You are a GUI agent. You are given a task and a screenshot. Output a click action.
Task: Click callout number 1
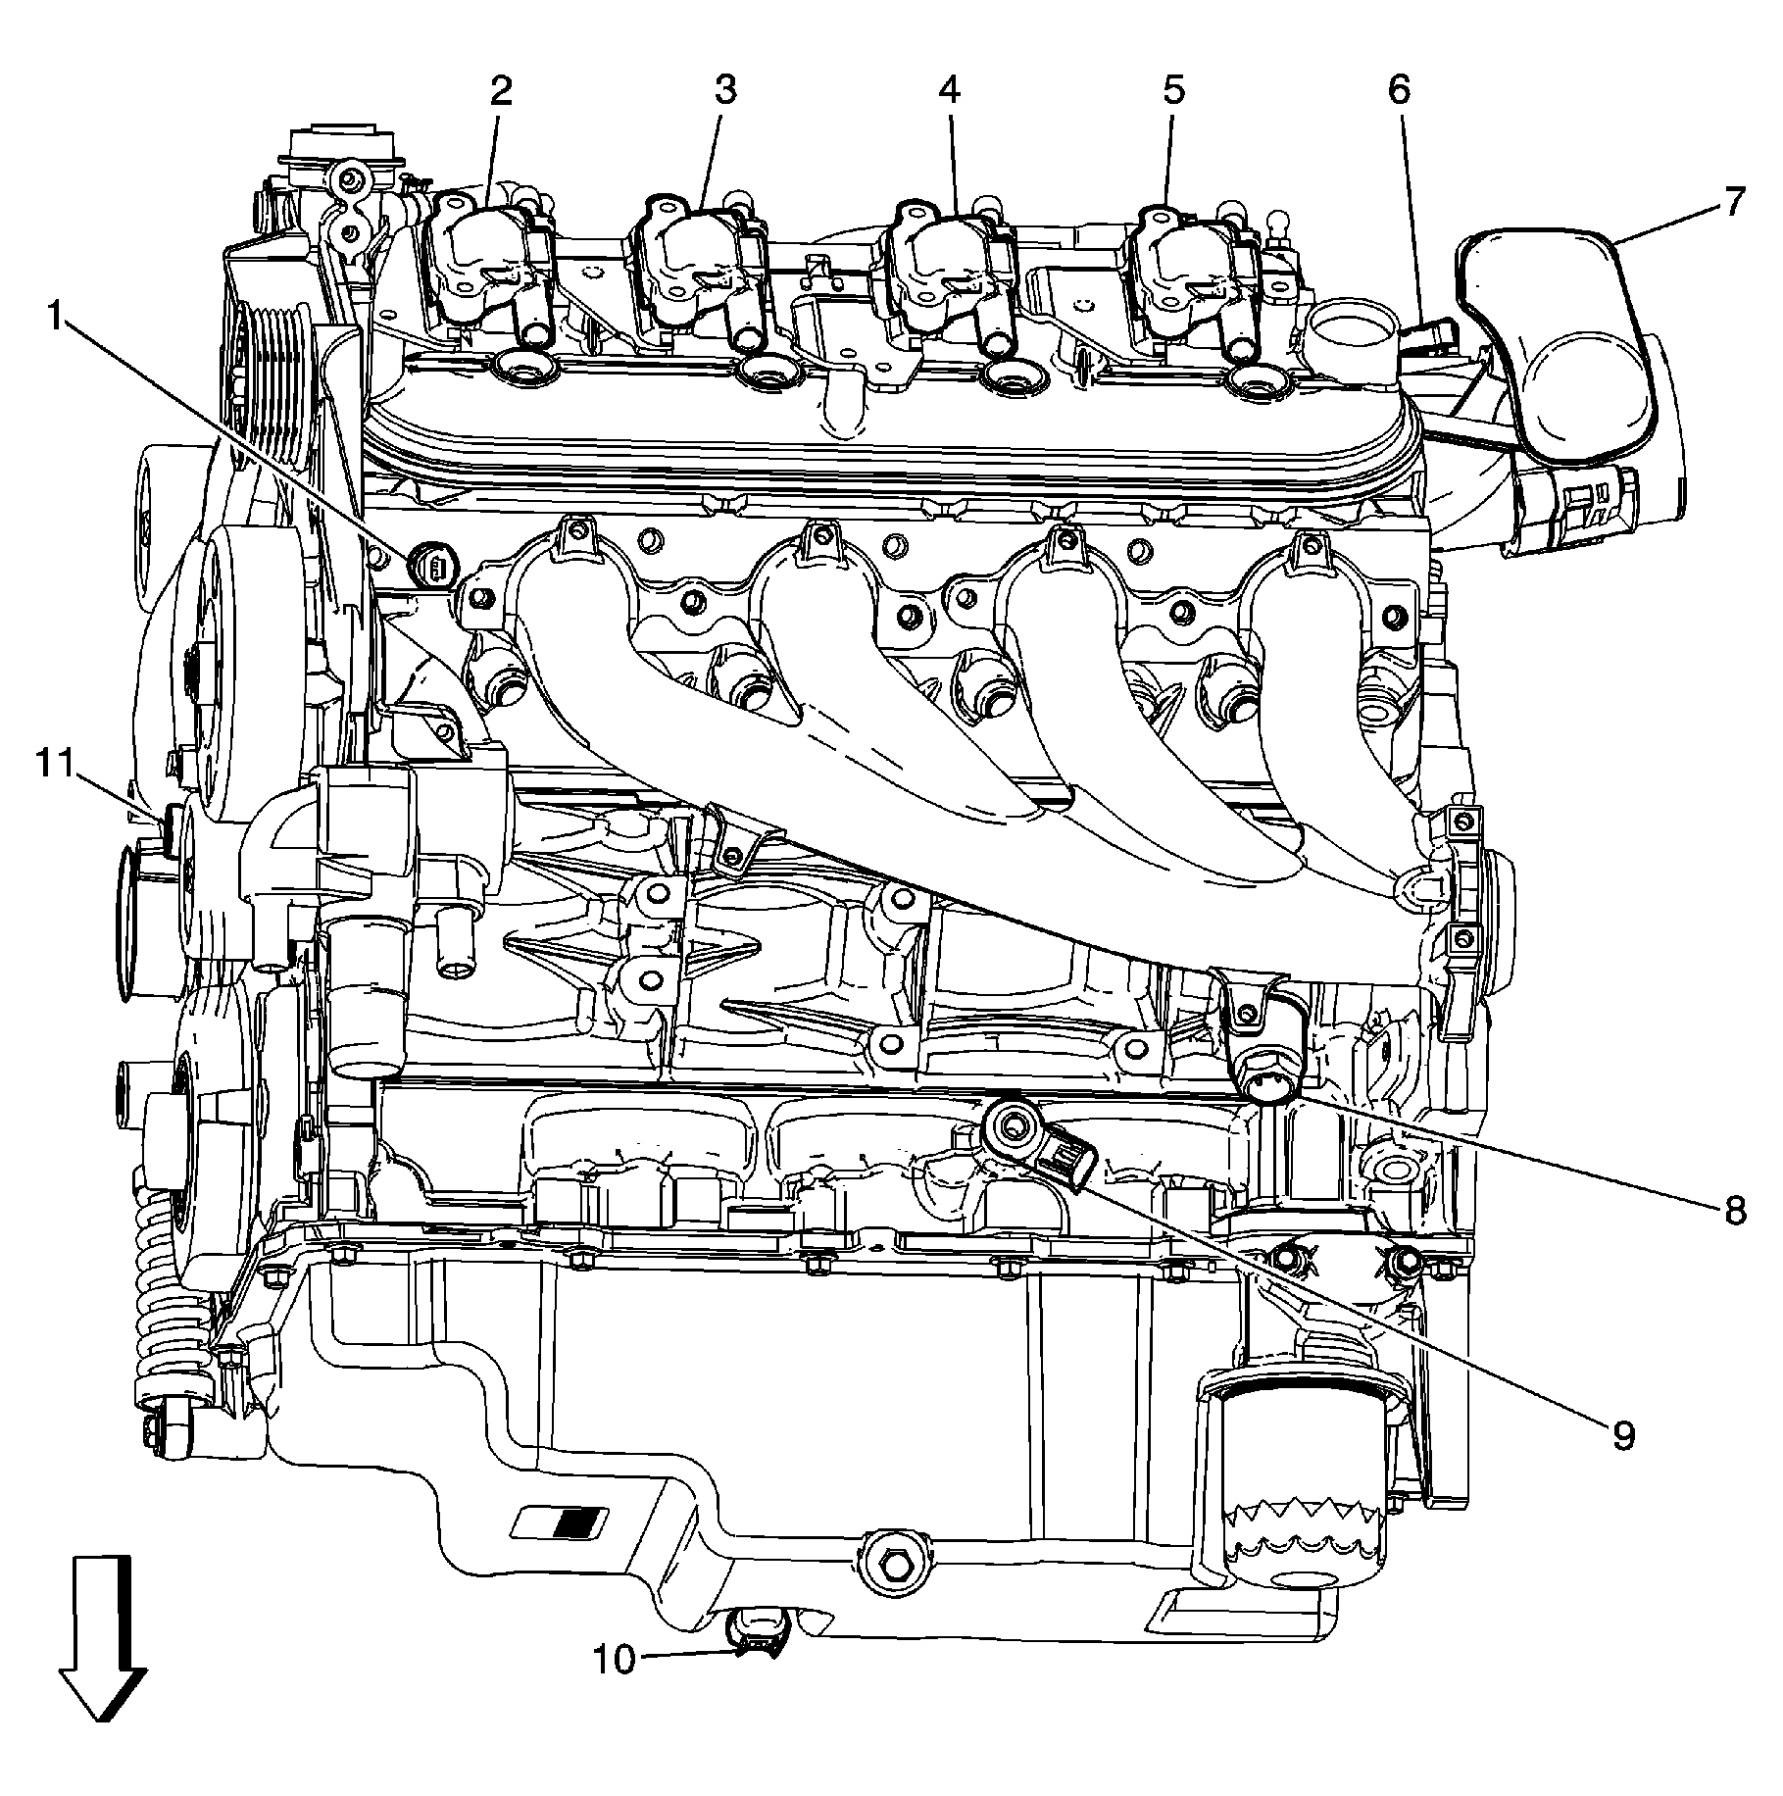coord(56,317)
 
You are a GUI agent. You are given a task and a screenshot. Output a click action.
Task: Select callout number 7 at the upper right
coord(1733,202)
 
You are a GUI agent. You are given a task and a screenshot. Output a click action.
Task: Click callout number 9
coord(1623,1436)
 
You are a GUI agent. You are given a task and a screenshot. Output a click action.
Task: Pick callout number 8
coord(1733,1211)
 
